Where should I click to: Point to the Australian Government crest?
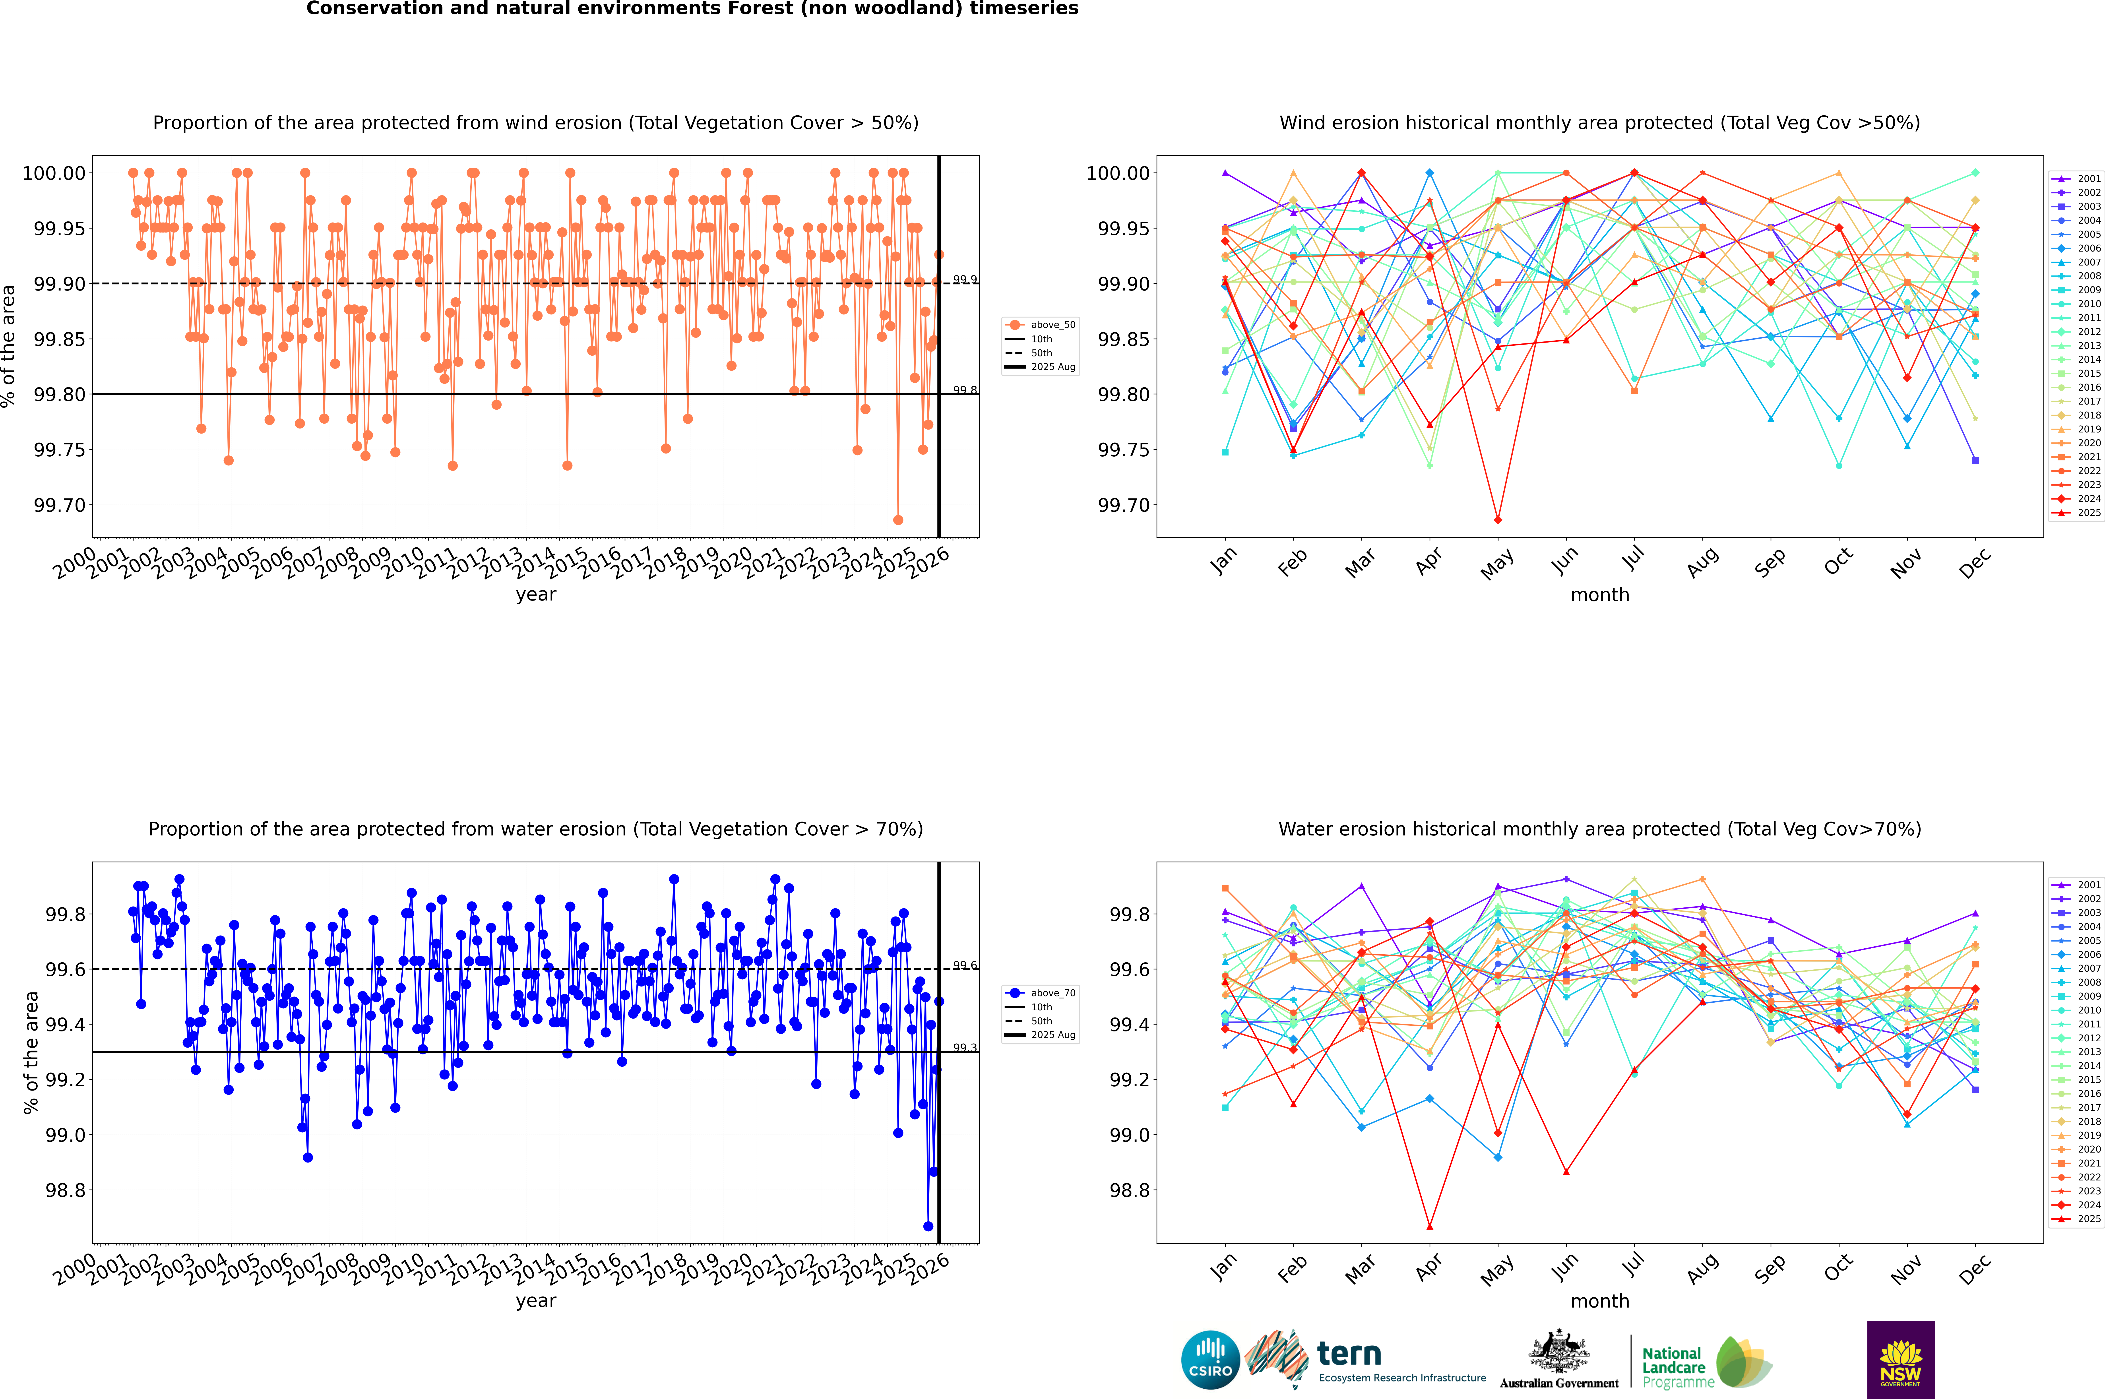click(1559, 1354)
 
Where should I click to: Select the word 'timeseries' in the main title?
click(1023, 9)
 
